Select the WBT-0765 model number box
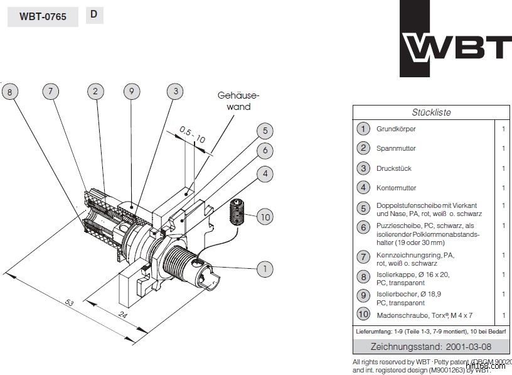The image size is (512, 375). point(43,17)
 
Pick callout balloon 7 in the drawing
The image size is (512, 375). point(51,92)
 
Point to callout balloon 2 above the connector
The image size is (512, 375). point(95,92)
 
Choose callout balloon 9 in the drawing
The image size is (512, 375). point(131,92)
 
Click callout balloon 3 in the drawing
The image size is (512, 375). point(176,92)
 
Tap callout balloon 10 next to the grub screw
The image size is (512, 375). point(265,217)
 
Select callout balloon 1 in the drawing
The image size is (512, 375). point(265,269)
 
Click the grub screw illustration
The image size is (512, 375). point(237,212)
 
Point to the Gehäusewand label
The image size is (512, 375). point(238,101)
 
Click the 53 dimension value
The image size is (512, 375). point(71,304)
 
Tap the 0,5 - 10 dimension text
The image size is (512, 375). point(192,134)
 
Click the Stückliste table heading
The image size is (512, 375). point(431,112)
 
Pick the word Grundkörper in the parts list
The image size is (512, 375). point(396,129)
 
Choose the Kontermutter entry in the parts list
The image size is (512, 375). point(396,188)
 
